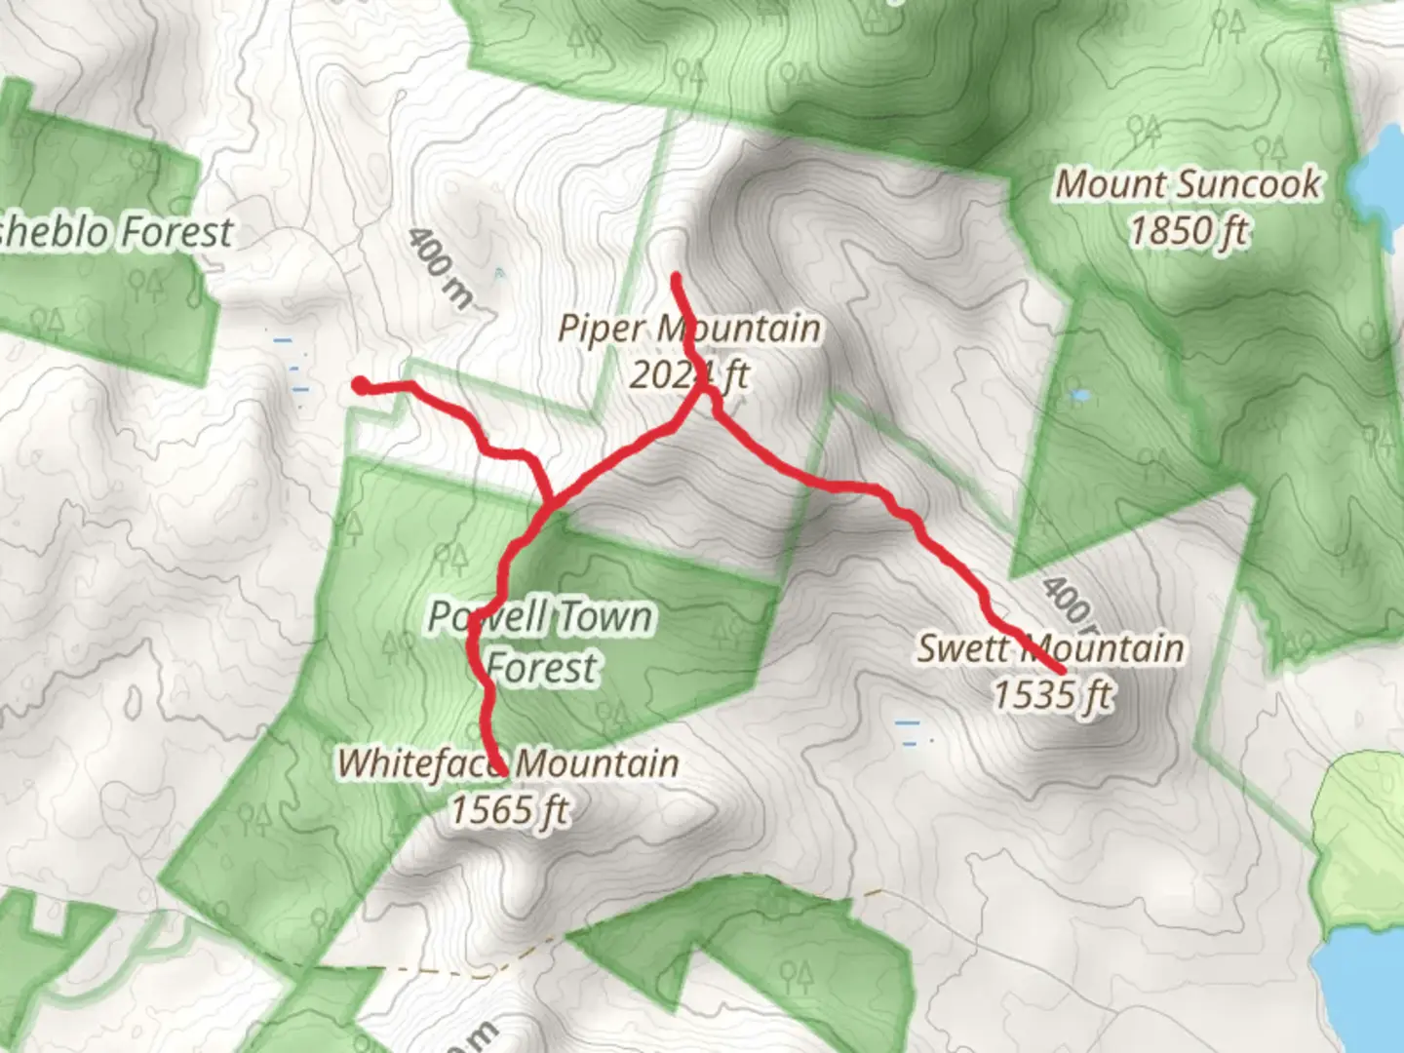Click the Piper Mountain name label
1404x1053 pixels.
point(688,329)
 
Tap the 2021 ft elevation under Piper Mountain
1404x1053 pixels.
point(688,374)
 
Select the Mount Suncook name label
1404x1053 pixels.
point(1189,184)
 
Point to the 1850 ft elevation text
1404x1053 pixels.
point(1189,231)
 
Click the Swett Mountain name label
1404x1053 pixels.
point(1050,648)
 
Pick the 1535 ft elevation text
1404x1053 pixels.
point(1052,695)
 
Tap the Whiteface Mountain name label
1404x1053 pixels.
point(508,763)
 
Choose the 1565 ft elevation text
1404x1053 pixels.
point(509,809)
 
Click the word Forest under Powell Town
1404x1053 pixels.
point(541,668)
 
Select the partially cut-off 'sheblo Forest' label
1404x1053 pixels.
point(115,232)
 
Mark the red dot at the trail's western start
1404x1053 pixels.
point(361,386)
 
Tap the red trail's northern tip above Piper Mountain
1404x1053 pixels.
point(676,278)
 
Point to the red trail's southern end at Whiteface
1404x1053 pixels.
point(501,770)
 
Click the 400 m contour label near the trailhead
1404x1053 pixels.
point(438,266)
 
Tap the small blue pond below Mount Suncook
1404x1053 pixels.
point(1079,396)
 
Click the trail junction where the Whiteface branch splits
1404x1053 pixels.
point(550,505)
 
